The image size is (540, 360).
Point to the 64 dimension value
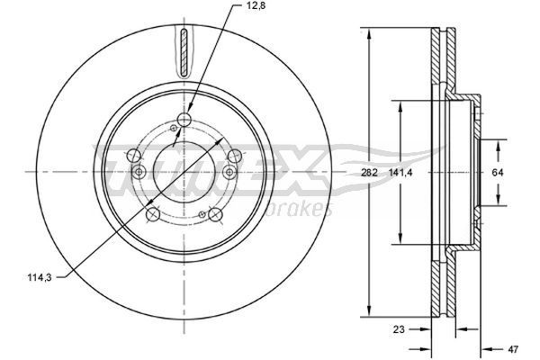(x=498, y=172)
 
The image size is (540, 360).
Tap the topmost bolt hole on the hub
(x=184, y=120)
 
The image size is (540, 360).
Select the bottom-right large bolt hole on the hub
(x=216, y=214)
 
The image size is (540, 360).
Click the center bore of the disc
(x=184, y=171)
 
